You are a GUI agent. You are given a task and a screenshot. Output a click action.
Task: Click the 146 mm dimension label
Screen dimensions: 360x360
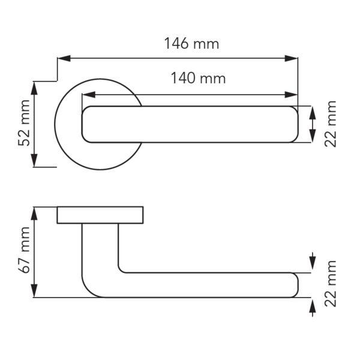tap(192, 43)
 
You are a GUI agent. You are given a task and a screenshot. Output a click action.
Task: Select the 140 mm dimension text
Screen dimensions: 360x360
tap(199, 78)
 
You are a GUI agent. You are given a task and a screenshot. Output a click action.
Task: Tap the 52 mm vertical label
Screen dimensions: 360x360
tap(24, 123)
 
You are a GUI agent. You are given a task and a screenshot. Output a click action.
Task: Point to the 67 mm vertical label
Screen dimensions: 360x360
tap(24, 250)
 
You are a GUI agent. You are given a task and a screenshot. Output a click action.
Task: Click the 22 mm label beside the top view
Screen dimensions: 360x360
tap(330, 124)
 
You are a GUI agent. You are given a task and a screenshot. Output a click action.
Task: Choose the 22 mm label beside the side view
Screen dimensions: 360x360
tap(330, 284)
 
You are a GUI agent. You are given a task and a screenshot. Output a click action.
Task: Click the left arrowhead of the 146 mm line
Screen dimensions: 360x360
tap(64, 58)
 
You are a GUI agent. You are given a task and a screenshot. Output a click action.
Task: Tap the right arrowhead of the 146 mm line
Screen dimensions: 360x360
tap(291, 58)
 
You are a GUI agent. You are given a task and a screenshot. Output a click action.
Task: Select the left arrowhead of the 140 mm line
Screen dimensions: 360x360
tap(89, 95)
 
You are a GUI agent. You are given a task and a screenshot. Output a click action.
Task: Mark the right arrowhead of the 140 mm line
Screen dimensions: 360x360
tap(291, 95)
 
